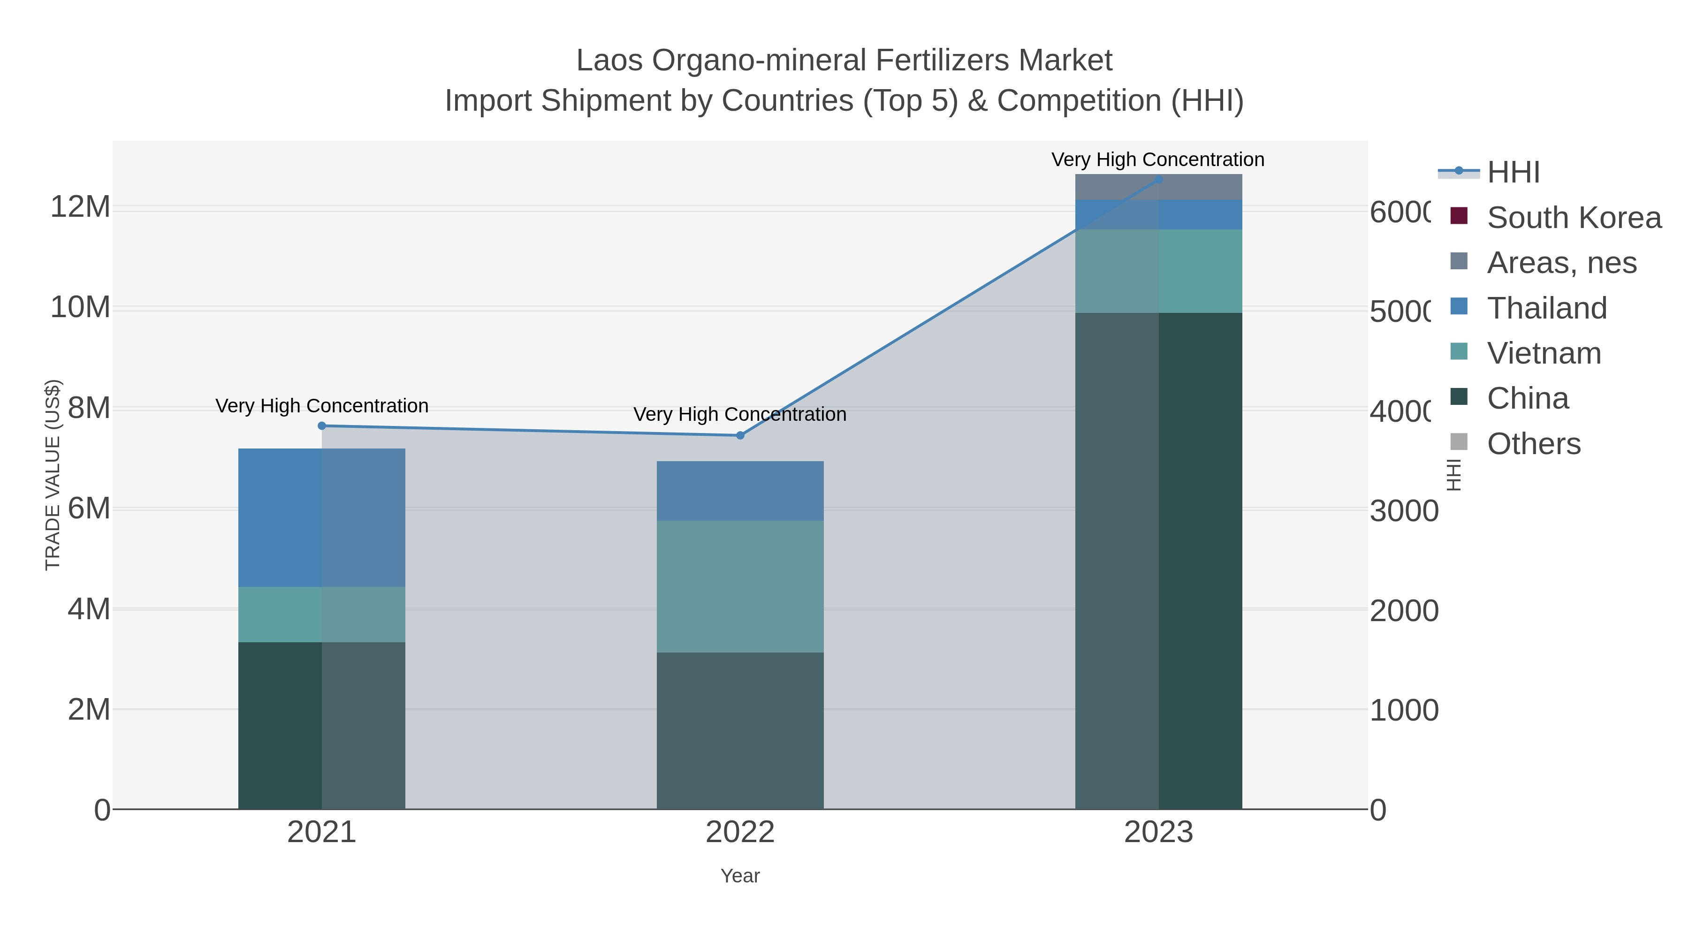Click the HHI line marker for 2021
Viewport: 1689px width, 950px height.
point(321,426)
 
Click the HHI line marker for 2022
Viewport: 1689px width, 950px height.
point(740,435)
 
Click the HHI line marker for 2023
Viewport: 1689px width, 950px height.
point(1158,179)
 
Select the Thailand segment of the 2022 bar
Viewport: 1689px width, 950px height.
point(740,491)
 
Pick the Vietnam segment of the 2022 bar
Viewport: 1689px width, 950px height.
point(740,587)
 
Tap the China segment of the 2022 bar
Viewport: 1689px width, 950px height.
point(740,730)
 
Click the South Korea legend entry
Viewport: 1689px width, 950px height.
point(1574,218)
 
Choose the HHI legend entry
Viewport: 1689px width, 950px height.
point(1513,173)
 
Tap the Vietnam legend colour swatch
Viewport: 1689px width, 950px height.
point(1459,351)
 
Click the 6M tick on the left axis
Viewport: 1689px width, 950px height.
point(89,509)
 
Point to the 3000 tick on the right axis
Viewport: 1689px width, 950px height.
point(1404,511)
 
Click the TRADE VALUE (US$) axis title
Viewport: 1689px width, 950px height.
point(53,475)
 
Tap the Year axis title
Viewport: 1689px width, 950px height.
point(740,876)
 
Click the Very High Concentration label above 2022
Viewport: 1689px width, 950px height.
point(740,414)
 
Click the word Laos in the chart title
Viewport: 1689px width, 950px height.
point(610,61)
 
